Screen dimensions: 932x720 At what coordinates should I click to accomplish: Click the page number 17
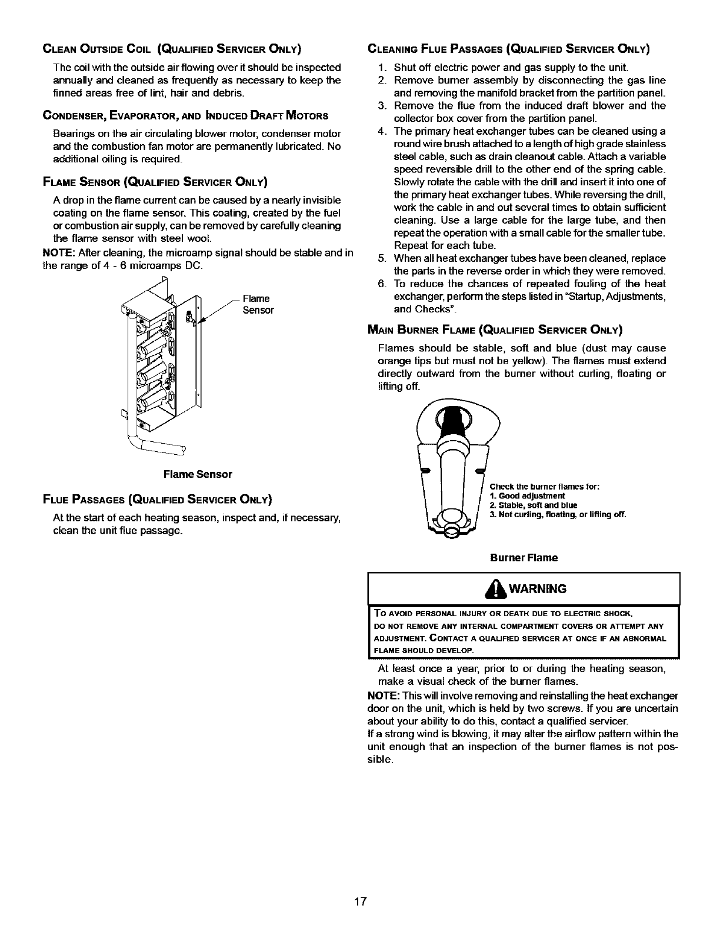(361, 901)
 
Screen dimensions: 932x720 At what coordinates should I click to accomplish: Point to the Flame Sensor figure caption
(198, 474)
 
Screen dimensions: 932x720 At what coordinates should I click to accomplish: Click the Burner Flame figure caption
(524, 557)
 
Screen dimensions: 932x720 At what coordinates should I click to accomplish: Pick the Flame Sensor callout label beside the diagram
(258, 304)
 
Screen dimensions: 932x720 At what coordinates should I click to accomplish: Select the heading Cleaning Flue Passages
(508, 48)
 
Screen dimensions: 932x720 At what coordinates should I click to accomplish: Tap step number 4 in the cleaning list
(382, 131)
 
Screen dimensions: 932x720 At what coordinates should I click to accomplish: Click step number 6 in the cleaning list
(382, 284)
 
